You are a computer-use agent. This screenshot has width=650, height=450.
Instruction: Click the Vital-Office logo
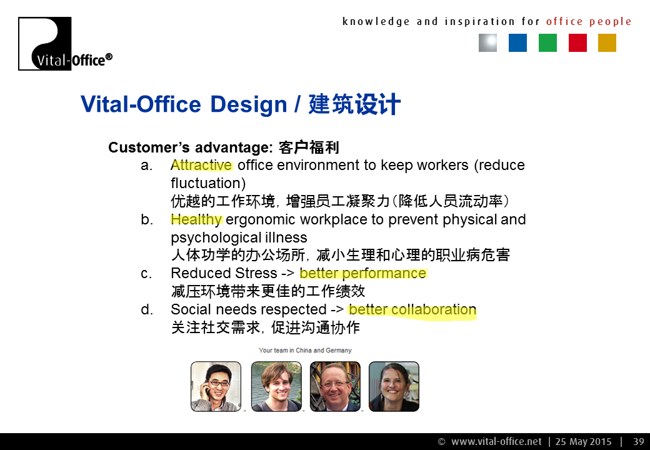[x=65, y=44]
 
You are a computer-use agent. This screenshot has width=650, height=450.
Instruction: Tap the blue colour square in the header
[x=517, y=42]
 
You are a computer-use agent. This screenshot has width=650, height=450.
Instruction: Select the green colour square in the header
[x=547, y=42]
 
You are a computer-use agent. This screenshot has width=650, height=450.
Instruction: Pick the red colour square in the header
[x=577, y=42]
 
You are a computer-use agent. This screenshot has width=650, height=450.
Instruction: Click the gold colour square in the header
[x=607, y=42]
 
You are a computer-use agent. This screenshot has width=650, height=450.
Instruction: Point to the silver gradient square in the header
[x=488, y=42]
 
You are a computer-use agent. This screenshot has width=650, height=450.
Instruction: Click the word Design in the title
[x=248, y=105]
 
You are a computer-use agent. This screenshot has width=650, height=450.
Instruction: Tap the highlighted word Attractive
[x=201, y=165]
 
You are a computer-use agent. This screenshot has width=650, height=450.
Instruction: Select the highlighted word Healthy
[x=196, y=219]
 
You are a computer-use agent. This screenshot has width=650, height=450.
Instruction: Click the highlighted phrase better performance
[x=362, y=274]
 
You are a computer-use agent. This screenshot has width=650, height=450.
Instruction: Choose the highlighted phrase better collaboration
[x=412, y=309]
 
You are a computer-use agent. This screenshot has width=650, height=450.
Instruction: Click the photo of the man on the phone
[x=216, y=386]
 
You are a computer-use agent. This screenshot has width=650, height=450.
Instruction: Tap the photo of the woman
[x=394, y=386]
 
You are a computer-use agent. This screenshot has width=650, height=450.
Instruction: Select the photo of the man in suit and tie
[x=335, y=386]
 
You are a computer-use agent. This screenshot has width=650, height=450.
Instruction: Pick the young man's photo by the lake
[x=276, y=386]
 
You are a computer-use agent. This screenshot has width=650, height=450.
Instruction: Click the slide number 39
[x=638, y=442]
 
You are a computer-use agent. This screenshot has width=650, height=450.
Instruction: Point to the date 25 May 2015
[x=583, y=442]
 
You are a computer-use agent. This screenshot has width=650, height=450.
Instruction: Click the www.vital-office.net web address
[x=496, y=442]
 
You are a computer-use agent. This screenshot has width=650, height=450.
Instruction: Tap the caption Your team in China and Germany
[x=305, y=350]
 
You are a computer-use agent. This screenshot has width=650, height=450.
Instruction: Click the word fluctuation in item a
[x=208, y=183]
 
